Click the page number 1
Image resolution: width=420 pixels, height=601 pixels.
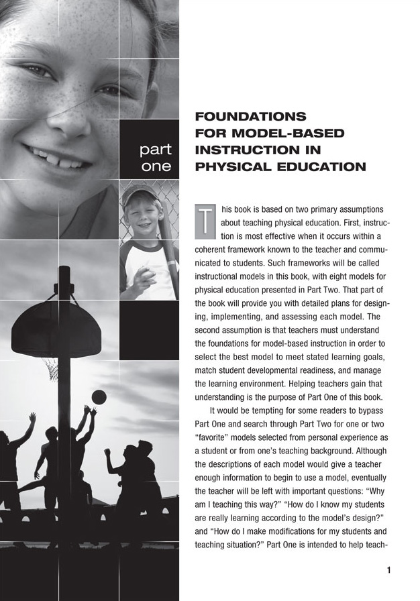point(388,571)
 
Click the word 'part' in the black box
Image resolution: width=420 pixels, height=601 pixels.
point(154,148)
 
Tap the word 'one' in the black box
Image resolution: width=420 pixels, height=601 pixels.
point(156,166)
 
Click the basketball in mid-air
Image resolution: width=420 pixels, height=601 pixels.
point(99,397)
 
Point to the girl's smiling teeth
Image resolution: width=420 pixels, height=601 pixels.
point(62,158)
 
